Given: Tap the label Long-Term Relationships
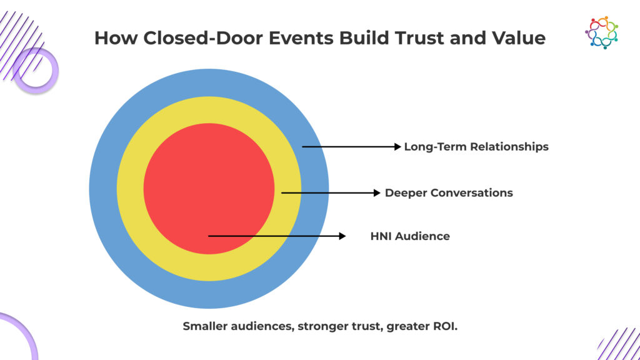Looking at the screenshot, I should (476, 147).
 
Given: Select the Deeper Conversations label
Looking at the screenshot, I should (449, 192).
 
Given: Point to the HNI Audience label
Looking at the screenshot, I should (410, 236).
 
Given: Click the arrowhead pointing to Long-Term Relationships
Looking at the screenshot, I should (397, 147).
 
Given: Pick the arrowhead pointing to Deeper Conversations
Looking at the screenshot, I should (377, 192).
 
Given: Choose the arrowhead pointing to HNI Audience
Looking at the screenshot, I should (342, 236).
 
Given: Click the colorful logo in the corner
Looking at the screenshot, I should (601, 32).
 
